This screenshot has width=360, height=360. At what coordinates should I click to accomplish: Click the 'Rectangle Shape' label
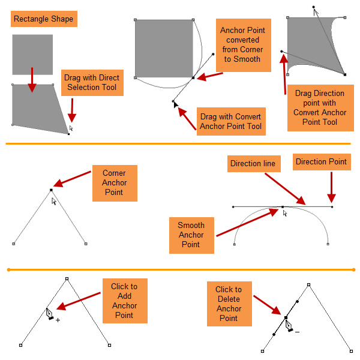coord(44,19)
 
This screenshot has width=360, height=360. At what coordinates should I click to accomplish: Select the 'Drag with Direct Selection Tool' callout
coord(92,83)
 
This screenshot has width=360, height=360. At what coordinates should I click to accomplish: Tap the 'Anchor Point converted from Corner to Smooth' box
coord(243,45)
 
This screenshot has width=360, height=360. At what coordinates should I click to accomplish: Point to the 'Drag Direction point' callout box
coord(320,108)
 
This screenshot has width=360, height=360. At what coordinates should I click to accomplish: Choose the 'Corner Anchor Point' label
coord(114,182)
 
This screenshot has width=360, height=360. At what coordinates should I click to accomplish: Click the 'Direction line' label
coord(253,163)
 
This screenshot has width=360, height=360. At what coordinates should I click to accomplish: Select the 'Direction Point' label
coord(321,161)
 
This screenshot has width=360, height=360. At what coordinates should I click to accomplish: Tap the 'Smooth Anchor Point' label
coord(191,235)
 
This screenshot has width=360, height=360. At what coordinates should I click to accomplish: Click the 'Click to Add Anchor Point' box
coord(124,301)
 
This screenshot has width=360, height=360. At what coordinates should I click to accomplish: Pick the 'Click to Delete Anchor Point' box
coord(229,304)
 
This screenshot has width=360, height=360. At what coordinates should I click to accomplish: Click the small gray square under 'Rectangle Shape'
coord(32,55)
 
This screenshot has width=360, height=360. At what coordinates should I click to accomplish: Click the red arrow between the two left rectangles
coord(32,80)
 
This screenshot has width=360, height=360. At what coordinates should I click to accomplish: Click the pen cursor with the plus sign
coord(52,314)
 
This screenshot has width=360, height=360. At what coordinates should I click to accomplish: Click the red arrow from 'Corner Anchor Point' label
coord(73,179)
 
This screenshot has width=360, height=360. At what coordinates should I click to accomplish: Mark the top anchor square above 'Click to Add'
coord(67,279)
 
